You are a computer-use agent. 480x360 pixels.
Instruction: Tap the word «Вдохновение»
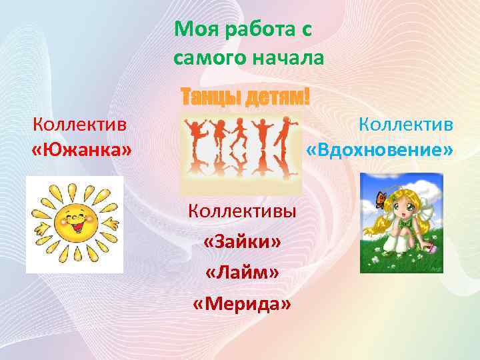point(379,151)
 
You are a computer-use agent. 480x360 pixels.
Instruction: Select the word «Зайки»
point(243,242)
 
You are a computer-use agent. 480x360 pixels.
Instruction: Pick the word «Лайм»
point(243,273)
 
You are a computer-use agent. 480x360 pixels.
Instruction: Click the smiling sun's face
point(75,222)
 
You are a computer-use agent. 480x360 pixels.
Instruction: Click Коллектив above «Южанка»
point(81,124)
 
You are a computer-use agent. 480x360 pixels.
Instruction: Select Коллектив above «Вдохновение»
point(406,124)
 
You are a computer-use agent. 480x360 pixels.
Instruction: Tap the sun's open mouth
point(75,230)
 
